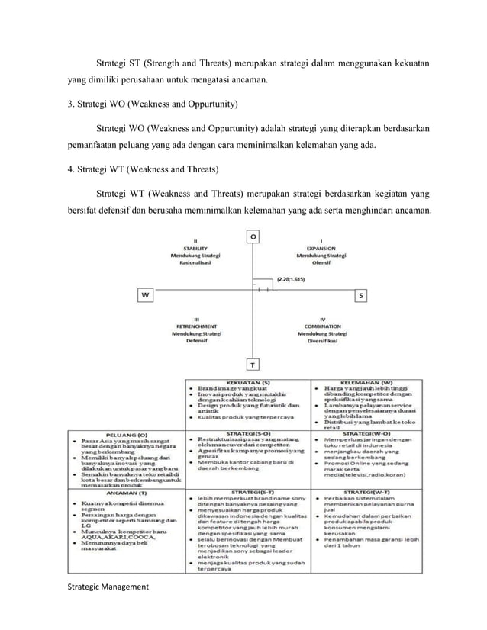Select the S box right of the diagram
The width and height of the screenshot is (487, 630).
pos(361,294)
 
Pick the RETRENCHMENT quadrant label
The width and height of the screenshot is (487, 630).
pos(197,327)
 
